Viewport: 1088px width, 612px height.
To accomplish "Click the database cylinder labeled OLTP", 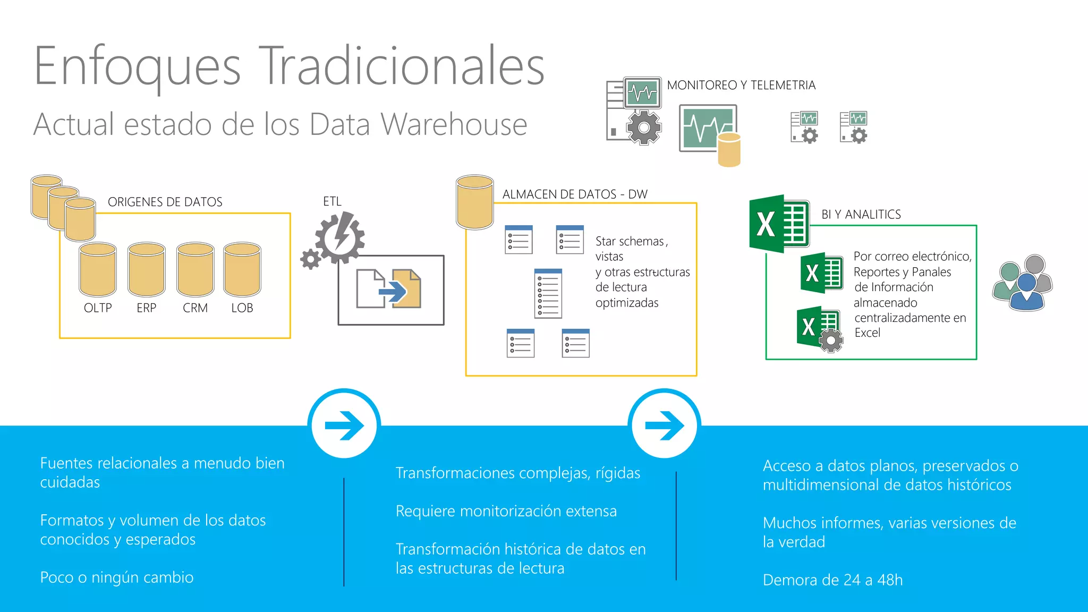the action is tap(98, 269).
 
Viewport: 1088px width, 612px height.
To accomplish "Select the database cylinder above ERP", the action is tap(147, 269).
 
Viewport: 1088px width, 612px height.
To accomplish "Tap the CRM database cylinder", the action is tap(195, 269).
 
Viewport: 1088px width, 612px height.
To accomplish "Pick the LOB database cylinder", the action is tap(242, 269).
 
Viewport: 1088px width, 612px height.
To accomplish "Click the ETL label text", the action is tap(332, 201).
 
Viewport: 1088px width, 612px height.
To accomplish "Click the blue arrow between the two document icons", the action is tap(393, 291).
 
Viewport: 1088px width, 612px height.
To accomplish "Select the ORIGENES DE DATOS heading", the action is tap(165, 202).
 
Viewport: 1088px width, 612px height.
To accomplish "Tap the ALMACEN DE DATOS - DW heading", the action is tap(575, 194).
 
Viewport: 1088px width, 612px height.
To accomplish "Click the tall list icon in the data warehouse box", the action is tap(548, 293).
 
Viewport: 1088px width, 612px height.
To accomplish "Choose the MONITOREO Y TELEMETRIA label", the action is tap(741, 85).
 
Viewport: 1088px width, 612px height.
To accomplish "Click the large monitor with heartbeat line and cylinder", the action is tap(709, 130).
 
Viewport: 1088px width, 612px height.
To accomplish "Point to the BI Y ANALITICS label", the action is tap(861, 215).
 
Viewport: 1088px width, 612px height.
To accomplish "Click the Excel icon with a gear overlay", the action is tap(820, 329).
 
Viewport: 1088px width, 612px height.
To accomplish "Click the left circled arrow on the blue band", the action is tap(344, 424).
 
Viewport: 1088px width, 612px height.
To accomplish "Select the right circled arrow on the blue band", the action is tap(664, 424).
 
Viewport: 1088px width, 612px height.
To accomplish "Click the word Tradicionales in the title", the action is tap(404, 66).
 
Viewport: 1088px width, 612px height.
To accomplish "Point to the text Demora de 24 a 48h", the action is tap(832, 580).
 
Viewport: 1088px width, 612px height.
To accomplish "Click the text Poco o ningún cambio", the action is tap(117, 577).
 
